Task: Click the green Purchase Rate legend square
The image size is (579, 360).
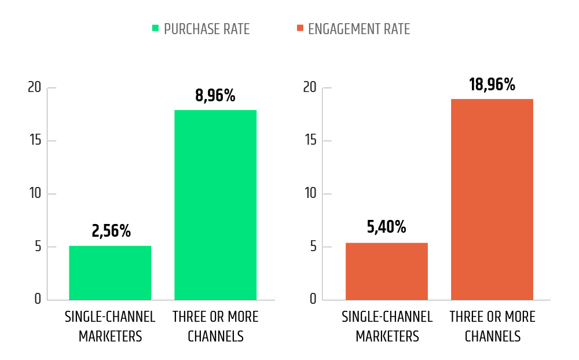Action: (x=155, y=28)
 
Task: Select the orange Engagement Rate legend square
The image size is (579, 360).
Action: (x=299, y=28)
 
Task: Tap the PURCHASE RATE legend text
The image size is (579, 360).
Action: (x=207, y=29)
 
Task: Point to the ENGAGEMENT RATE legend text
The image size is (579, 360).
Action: (x=359, y=29)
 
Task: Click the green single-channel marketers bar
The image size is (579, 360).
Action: (x=110, y=273)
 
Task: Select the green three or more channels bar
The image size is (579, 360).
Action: (x=215, y=205)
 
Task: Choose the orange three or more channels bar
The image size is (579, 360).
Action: (x=492, y=199)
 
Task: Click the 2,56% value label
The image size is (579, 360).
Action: (x=111, y=231)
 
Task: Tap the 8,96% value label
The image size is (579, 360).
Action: (x=215, y=95)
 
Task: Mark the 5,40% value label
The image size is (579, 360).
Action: (x=386, y=227)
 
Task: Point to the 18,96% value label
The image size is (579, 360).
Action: (x=492, y=85)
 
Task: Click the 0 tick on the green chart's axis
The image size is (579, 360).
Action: (x=37, y=299)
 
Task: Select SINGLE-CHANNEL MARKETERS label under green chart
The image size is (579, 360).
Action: (x=110, y=326)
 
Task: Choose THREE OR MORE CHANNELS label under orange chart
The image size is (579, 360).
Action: (x=492, y=326)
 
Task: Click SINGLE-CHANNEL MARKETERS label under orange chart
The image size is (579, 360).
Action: (x=387, y=326)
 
